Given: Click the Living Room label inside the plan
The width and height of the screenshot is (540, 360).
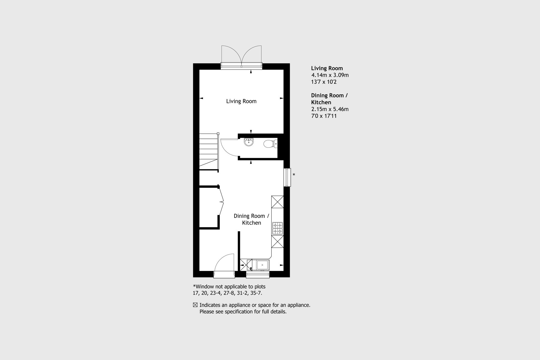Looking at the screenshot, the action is (x=241, y=101).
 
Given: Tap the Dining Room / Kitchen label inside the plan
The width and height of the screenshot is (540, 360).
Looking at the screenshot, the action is (x=251, y=219).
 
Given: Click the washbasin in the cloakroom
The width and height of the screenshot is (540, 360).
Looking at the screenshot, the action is (x=249, y=142).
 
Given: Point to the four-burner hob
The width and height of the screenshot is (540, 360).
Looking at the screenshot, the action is (x=278, y=228).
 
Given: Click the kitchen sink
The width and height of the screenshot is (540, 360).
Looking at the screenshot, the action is (x=262, y=265).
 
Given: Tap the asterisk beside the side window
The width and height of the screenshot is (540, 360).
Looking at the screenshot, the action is (x=294, y=175).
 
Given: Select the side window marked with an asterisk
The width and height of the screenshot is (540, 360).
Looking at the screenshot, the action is (x=287, y=177).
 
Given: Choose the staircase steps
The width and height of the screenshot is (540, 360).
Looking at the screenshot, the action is (x=209, y=152).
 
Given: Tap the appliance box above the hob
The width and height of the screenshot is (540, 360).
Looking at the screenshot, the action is (x=278, y=202).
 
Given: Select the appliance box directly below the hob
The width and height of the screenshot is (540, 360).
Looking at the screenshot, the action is (x=278, y=241).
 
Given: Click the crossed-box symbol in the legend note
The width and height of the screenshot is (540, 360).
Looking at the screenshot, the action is (x=195, y=305).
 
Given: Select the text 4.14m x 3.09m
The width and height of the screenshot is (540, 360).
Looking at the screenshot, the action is (x=330, y=75).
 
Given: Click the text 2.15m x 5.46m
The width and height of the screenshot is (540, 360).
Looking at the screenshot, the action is (x=330, y=109).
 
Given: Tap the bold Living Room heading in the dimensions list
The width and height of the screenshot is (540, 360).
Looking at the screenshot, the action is (x=327, y=68).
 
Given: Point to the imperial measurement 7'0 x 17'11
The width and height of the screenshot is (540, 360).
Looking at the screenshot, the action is (x=324, y=116).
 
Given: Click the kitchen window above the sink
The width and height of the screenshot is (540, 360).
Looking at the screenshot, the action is (x=258, y=275).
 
